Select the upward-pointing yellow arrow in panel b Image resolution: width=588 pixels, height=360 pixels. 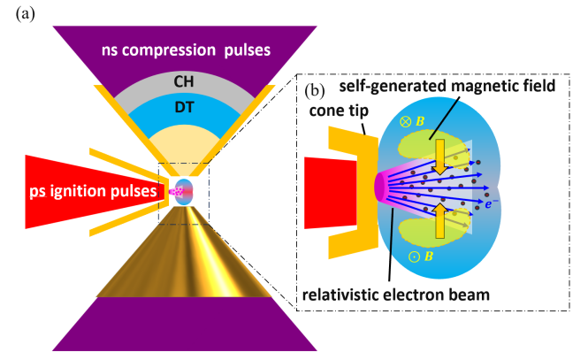click(439, 222)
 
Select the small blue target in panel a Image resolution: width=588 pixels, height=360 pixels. click(183, 188)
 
